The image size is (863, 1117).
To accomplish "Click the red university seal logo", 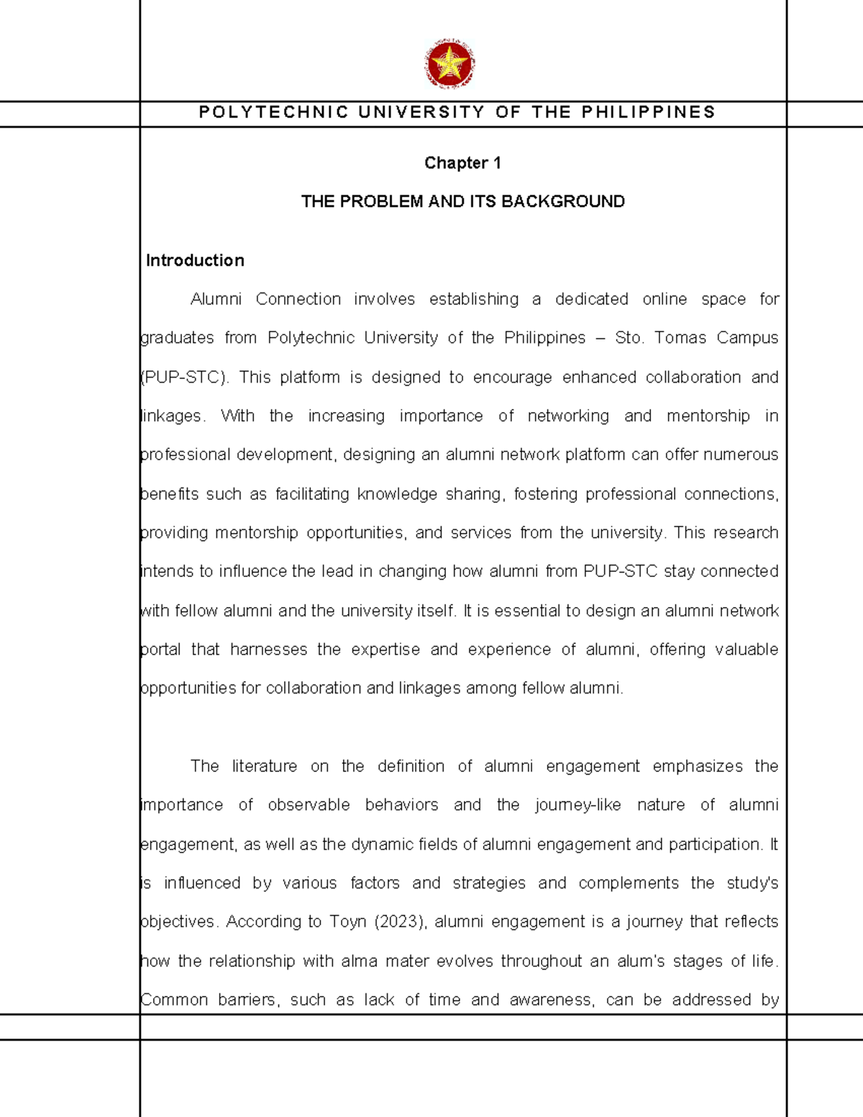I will click(x=450, y=65).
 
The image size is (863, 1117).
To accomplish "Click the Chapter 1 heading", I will click(x=462, y=163).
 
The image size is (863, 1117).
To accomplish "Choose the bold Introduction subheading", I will click(x=195, y=260).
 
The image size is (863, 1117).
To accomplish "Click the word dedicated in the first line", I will click(x=591, y=299).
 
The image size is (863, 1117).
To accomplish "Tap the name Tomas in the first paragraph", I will click(x=680, y=338).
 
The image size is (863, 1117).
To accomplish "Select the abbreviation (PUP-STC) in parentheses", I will click(x=184, y=377).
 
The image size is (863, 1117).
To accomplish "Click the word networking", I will click(x=568, y=416).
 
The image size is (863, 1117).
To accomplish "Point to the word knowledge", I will click(x=397, y=494).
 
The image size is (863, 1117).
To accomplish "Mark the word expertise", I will click(x=385, y=649).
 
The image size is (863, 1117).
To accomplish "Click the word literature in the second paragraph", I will click(x=264, y=766).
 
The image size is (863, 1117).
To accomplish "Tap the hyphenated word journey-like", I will click(x=577, y=805).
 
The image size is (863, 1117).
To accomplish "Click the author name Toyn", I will click(x=348, y=921).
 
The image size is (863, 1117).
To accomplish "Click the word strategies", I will click(x=489, y=883).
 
